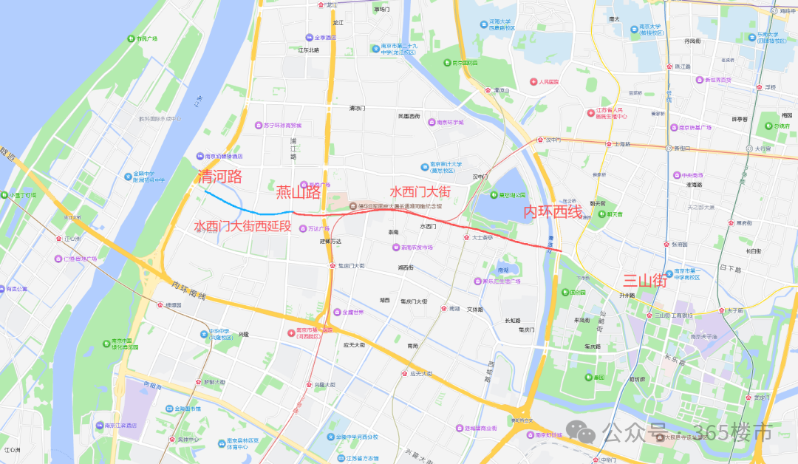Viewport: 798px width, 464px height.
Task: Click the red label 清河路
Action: [220, 177]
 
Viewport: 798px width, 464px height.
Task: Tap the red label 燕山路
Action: [299, 193]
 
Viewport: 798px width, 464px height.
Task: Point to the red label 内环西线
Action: [553, 213]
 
